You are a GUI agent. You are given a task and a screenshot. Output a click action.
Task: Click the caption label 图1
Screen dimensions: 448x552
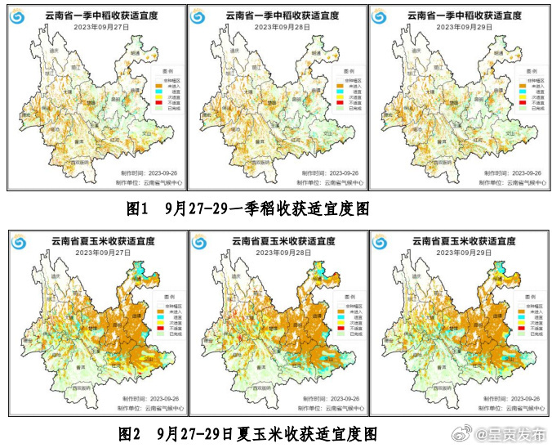(x=136, y=209)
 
